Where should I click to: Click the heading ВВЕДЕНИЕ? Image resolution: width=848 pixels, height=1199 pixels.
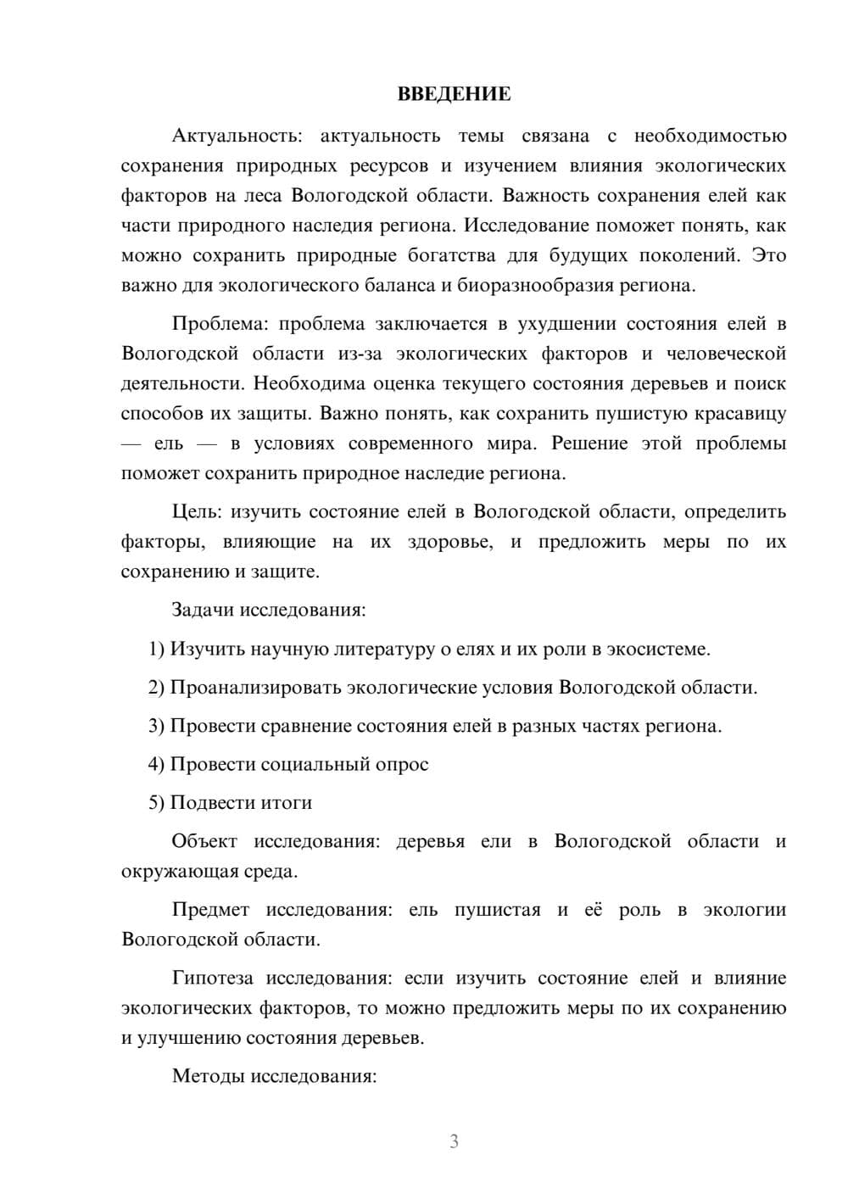pyautogui.click(x=454, y=94)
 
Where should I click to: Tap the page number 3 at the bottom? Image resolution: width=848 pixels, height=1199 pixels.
pyautogui.click(x=454, y=1141)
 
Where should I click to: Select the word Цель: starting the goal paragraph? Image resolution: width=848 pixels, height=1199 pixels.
pyautogui.click(x=198, y=511)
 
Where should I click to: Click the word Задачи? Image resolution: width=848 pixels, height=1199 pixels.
pyautogui.click(x=204, y=610)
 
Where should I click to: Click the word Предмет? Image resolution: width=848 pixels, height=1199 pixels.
pyautogui.click(x=210, y=910)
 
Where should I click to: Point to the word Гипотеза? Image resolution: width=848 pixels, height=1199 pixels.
pyautogui.click(x=212, y=979)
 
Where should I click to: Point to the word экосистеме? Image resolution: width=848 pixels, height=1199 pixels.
pyautogui.click(x=661, y=649)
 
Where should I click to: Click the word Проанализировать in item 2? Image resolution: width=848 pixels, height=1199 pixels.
pyautogui.click(x=256, y=687)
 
